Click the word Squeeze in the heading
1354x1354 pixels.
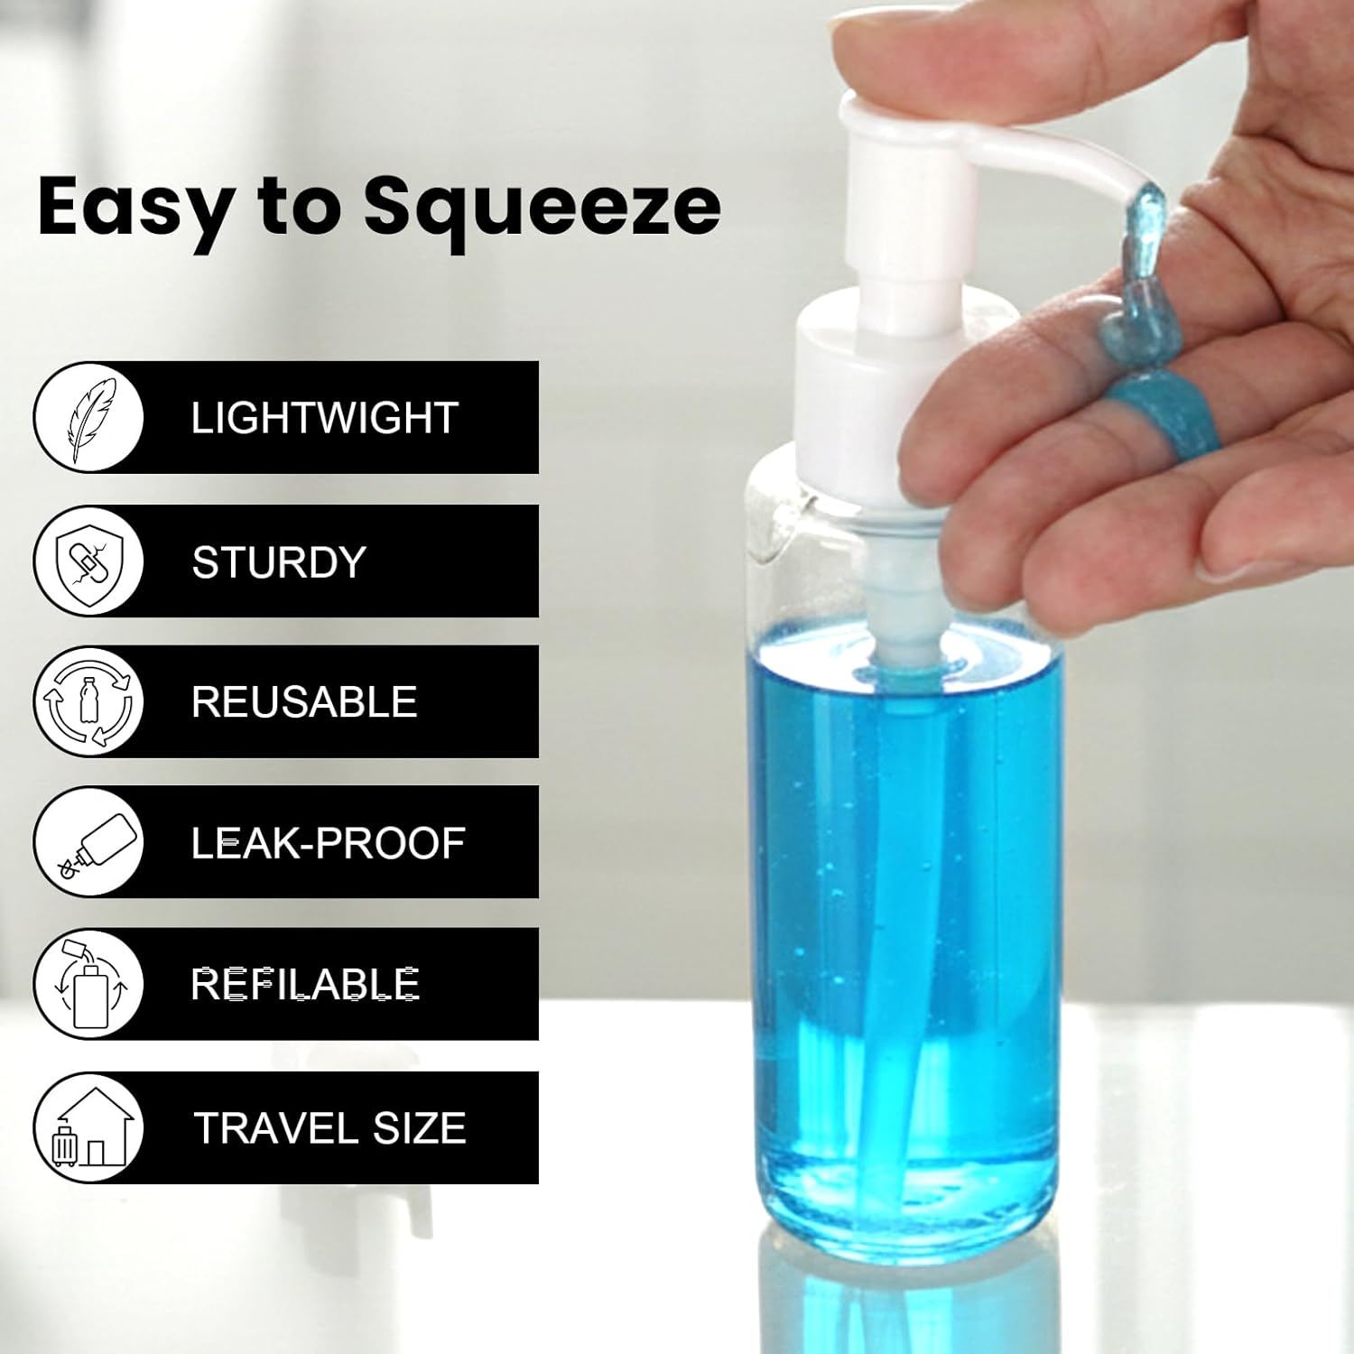point(542,208)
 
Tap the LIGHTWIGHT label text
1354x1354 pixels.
point(324,418)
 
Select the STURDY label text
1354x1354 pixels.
point(279,562)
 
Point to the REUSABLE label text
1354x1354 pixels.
point(304,702)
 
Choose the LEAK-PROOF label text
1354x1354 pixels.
point(328,843)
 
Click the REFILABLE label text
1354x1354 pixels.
point(305,984)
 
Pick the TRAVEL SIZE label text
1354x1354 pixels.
point(329,1128)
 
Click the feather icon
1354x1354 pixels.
point(89,418)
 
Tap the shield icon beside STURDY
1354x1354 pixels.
point(89,561)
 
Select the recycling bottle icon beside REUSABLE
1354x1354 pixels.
point(89,701)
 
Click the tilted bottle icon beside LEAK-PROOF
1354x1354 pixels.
point(89,842)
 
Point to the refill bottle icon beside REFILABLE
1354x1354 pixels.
point(89,984)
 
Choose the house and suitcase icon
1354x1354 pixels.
point(89,1128)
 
